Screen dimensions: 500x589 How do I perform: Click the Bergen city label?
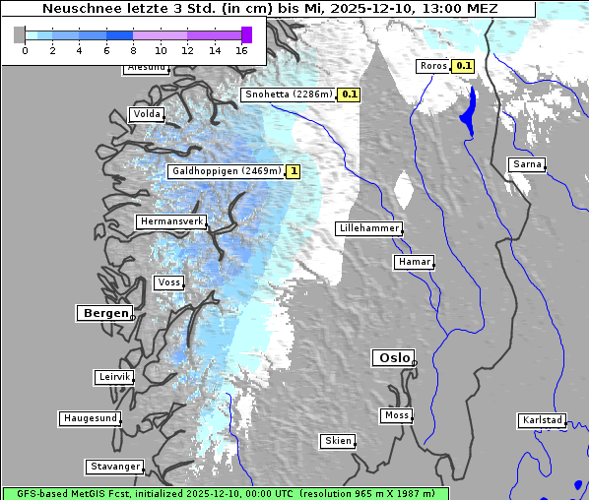pyautogui.click(x=103, y=313)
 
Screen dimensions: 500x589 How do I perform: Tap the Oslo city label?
pyautogui.click(x=393, y=357)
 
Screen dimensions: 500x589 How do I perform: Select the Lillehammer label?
pyautogui.click(x=368, y=228)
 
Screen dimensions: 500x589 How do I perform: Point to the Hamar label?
pyautogui.click(x=413, y=262)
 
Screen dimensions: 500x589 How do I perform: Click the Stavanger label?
pyautogui.click(x=114, y=467)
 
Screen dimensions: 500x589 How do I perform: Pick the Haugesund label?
pyautogui.click(x=90, y=418)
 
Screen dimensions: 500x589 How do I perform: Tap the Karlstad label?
pyautogui.click(x=542, y=420)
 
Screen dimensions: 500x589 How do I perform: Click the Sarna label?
pyautogui.click(x=527, y=164)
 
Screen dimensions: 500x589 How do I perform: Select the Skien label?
pyautogui.click(x=337, y=441)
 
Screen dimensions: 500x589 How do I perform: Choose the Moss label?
pyautogui.click(x=396, y=415)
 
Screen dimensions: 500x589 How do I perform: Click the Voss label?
pyautogui.click(x=168, y=282)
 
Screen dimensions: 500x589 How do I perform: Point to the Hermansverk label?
pyautogui.click(x=171, y=221)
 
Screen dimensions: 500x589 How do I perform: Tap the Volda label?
pyautogui.click(x=146, y=114)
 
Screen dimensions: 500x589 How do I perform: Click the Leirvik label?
pyautogui.click(x=114, y=377)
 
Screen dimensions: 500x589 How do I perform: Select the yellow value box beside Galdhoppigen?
pyautogui.click(x=294, y=171)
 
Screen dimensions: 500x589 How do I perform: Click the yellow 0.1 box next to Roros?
pyautogui.click(x=463, y=66)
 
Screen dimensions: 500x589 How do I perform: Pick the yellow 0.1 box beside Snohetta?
pyautogui.click(x=350, y=94)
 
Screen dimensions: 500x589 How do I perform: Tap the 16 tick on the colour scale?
pyautogui.click(x=242, y=50)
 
